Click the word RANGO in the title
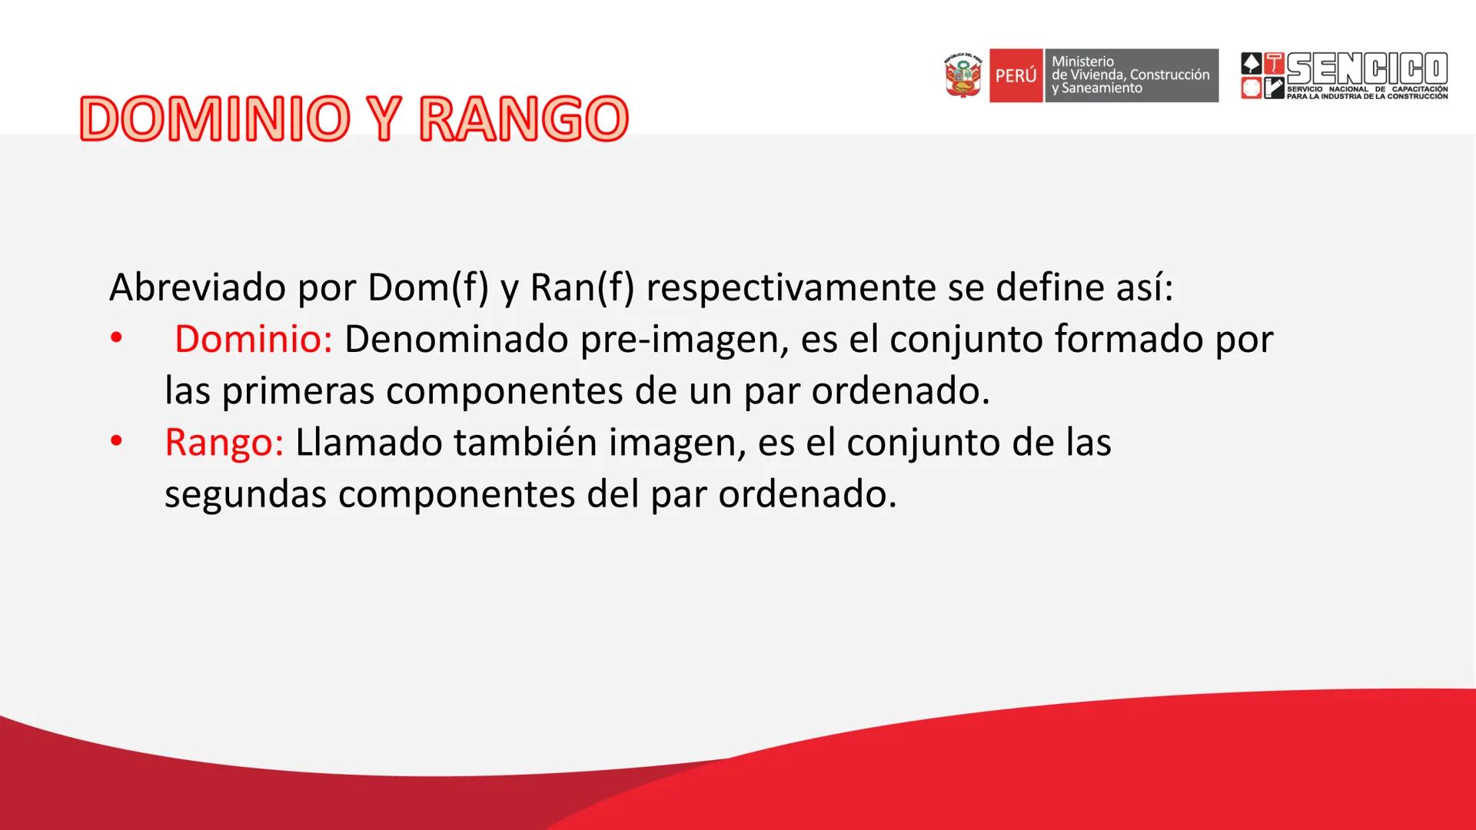524,119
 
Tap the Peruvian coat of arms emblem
963,75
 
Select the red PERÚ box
1016,76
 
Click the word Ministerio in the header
1082,61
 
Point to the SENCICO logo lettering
1367,69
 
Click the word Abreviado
198,288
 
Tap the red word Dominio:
253,339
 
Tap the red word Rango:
224,443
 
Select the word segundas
245,495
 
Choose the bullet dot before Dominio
116,339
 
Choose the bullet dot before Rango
116,443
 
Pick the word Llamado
368,443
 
